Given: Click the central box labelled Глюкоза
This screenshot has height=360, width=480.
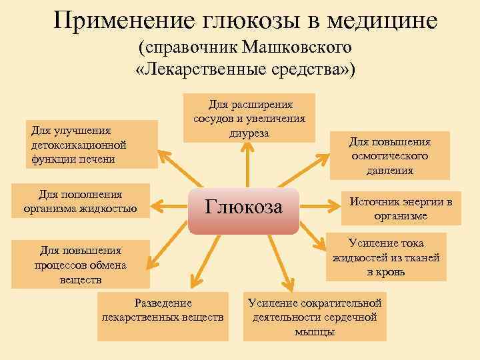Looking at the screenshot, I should (x=244, y=208).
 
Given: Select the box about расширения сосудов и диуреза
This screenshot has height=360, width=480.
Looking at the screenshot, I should (x=249, y=118).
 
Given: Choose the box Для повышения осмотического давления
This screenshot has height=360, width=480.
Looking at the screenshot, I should (x=390, y=156).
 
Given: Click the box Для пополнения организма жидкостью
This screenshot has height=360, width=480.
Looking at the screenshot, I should (x=80, y=201).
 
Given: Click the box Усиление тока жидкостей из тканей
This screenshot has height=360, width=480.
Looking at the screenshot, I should (x=386, y=258).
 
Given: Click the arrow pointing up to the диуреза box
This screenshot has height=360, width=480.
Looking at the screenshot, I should (x=247, y=163).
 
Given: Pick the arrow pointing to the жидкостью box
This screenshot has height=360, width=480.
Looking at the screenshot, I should (x=170, y=205).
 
